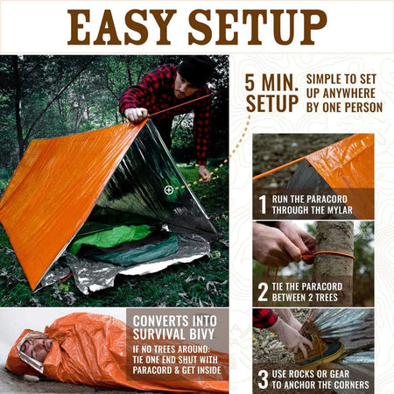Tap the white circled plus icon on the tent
tap(168, 189)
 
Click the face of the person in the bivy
tap(32, 349)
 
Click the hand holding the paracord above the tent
tap(136, 113)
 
